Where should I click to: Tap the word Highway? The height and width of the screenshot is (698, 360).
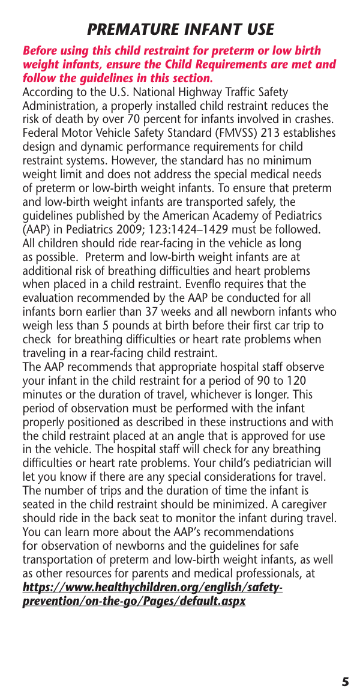click(x=192, y=92)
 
